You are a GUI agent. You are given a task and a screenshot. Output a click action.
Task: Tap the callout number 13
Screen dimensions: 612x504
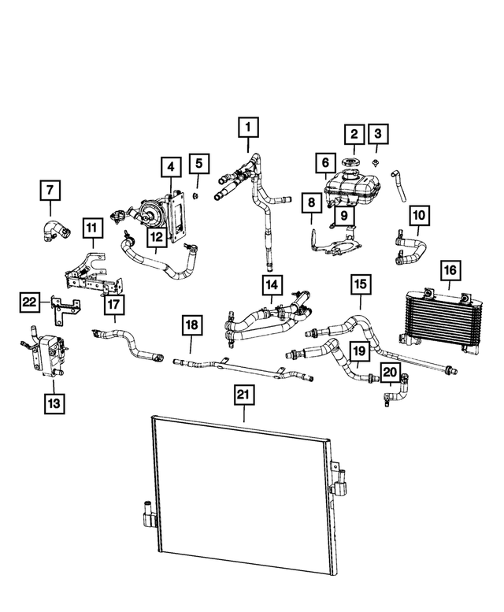pos(54,404)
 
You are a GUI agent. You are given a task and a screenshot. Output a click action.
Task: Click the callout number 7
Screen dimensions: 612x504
pos(50,190)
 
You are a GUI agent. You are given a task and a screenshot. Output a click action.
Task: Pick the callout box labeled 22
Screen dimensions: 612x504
pos(29,301)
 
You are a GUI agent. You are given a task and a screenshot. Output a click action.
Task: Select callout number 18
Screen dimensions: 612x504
pos(191,325)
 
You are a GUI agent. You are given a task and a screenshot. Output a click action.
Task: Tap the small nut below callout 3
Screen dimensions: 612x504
pos(377,165)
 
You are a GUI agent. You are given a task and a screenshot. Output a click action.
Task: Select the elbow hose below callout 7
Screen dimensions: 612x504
pos(57,229)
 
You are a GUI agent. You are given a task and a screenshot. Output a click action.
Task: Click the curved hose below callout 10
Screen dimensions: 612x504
pos(409,246)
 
